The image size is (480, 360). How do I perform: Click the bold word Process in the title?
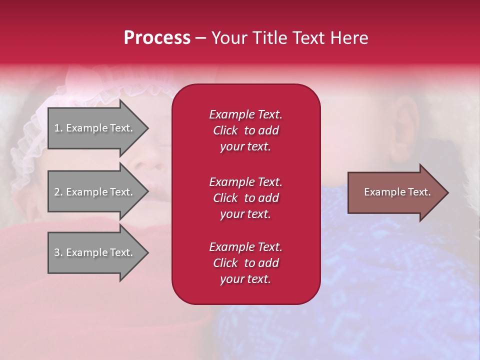pyautogui.click(x=157, y=38)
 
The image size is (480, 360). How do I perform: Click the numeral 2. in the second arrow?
pyautogui.click(x=58, y=192)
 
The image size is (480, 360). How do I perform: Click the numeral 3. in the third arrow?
pyautogui.click(x=58, y=252)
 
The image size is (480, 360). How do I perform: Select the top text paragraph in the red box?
pyautogui.click(x=245, y=130)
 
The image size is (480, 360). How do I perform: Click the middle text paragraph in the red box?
pyautogui.click(x=245, y=197)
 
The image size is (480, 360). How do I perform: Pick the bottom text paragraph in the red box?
pyautogui.click(x=245, y=263)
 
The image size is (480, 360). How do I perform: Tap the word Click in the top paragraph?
pyautogui.click(x=225, y=130)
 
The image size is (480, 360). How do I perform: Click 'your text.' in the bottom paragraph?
pyautogui.click(x=245, y=279)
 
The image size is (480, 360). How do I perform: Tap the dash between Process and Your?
pyautogui.click(x=200, y=38)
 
